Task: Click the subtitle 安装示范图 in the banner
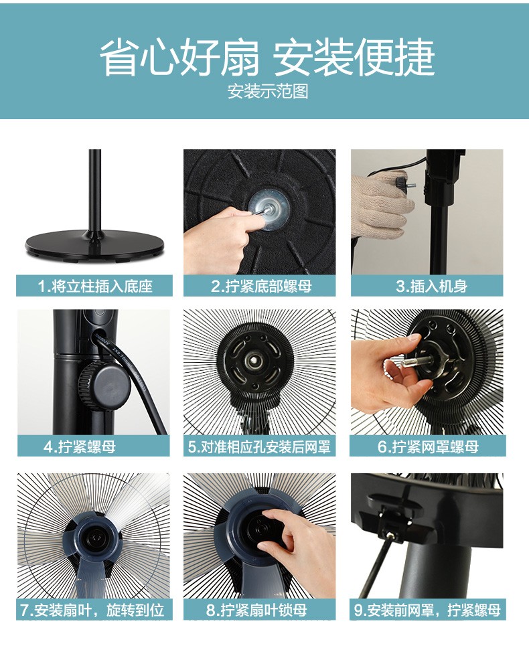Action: click(x=268, y=91)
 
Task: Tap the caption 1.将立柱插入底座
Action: click(x=94, y=286)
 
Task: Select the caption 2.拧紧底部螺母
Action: click(x=261, y=286)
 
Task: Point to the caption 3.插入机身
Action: click(x=431, y=286)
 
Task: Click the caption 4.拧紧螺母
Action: click(x=80, y=446)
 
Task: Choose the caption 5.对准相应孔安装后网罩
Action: click(x=259, y=446)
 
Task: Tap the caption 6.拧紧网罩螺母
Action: click(x=428, y=446)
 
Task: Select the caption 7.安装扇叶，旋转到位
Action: click(x=92, y=610)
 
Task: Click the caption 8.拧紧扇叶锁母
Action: click(x=256, y=610)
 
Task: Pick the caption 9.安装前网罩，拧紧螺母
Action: click(x=428, y=610)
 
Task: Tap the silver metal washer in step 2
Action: click(x=269, y=210)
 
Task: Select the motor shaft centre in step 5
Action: click(x=256, y=361)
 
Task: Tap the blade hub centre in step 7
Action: click(x=93, y=538)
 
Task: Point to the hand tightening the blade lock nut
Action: click(x=297, y=549)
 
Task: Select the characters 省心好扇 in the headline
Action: click(x=179, y=57)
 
